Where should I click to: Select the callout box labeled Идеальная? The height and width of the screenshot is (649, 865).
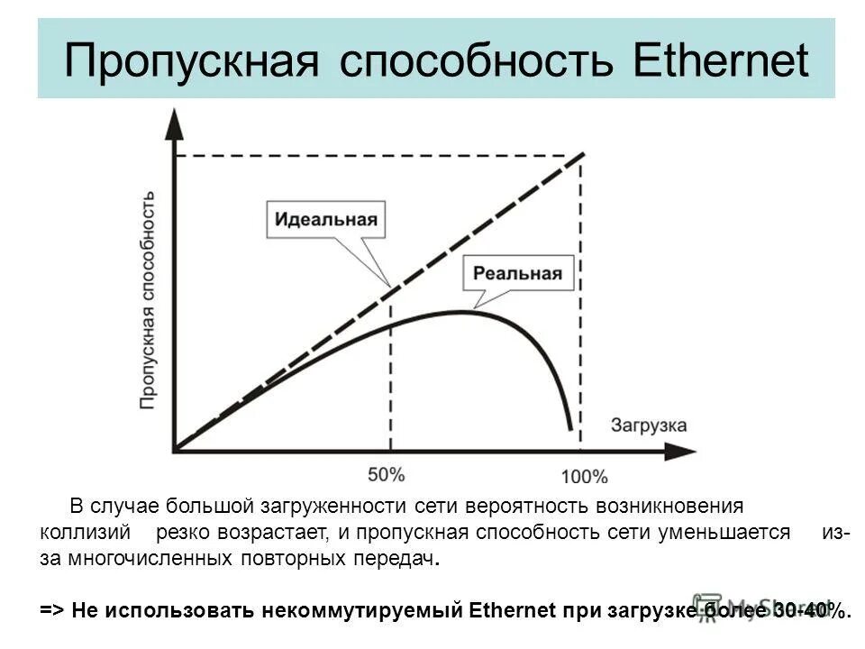tap(327, 219)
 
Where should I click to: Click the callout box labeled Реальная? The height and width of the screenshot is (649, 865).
tap(518, 273)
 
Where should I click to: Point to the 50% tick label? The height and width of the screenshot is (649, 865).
tap(388, 475)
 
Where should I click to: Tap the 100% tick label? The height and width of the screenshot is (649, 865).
tap(584, 477)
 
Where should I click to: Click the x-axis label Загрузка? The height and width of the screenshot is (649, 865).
tap(649, 424)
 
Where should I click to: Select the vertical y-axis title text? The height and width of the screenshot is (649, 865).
tap(149, 301)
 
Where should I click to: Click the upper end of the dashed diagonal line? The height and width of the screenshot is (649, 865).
tap(584, 154)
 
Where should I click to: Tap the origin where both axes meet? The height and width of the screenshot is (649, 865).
tap(176, 449)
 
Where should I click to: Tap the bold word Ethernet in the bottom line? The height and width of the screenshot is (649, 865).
tap(514, 610)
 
